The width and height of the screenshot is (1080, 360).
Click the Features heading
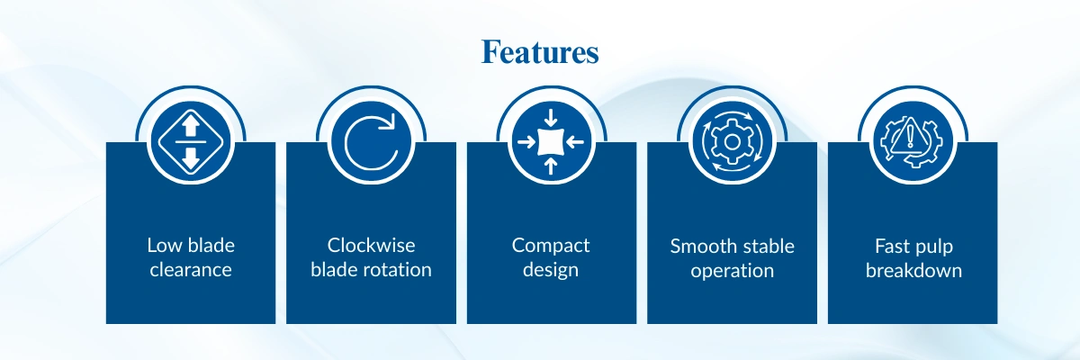point(540,52)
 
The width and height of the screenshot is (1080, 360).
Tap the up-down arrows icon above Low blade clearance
point(191,141)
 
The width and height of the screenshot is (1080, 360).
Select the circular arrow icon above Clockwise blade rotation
point(371,141)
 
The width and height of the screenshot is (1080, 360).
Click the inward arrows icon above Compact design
point(551,141)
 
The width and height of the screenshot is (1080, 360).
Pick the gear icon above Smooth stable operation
point(732,141)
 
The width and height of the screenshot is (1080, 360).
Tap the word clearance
point(191,270)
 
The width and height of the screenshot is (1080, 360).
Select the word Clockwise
point(371,246)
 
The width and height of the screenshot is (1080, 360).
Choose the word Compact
point(551,247)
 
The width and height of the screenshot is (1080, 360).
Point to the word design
point(551,270)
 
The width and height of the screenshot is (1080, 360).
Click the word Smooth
point(701,247)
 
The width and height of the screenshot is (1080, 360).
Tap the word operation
point(732,271)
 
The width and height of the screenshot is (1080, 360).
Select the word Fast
point(892,247)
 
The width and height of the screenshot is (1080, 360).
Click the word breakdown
point(913,270)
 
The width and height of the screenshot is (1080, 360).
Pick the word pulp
point(933,247)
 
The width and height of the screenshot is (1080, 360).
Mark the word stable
point(766,247)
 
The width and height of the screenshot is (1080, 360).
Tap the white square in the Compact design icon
point(551,141)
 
